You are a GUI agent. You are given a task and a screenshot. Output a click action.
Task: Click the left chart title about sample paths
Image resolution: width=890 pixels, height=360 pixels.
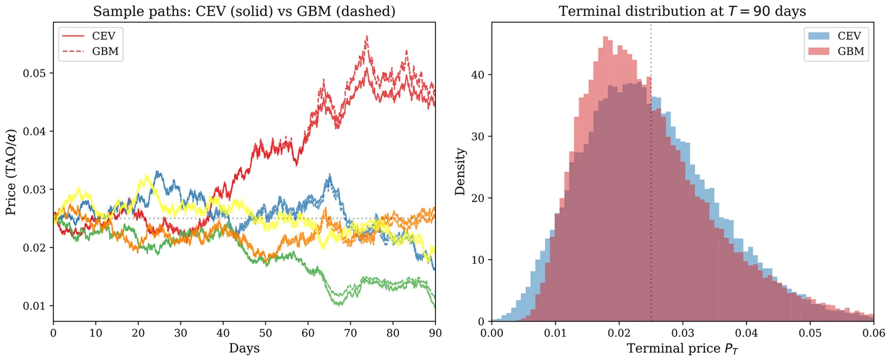click(x=244, y=11)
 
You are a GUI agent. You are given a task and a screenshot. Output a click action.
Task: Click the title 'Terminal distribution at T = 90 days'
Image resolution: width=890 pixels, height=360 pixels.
click(x=682, y=11)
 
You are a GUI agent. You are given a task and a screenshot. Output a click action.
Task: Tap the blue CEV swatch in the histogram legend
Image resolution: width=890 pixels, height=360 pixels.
click(x=819, y=36)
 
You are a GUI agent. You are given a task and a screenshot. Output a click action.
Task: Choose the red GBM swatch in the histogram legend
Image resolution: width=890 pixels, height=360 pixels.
click(x=819, y=52)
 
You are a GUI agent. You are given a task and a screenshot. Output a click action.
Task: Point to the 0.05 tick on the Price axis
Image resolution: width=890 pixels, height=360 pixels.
click(x=34, y=73)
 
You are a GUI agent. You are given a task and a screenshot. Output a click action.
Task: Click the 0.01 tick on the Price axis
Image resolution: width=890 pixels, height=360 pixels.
click(x=34, y=306)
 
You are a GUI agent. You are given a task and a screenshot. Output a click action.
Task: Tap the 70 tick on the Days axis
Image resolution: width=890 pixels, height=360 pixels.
click(x=350, y=333)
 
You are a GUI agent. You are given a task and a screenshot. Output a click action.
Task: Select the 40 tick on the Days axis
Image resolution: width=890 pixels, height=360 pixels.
click(x=223, y=333)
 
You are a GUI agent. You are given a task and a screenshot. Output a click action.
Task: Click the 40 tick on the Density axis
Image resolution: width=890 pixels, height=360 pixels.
click(x=478, y=75)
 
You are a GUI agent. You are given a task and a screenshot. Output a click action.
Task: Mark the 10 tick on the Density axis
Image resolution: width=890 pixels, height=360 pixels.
click(x=478, y=260)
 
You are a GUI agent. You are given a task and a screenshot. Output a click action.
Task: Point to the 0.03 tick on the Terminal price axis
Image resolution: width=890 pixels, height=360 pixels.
click(x=683, y=333)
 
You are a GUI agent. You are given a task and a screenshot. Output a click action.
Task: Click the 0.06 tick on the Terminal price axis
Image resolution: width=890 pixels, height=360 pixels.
click(x=873, y=333)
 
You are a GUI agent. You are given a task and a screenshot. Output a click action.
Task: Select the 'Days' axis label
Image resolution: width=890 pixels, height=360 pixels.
click(x=244, y=348)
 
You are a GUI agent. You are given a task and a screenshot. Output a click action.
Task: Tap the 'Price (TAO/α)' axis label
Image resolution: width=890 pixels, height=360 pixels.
click(x=11, y=172)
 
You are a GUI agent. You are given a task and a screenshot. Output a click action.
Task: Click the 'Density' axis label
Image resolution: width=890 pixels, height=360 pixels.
click(x=460, y=172)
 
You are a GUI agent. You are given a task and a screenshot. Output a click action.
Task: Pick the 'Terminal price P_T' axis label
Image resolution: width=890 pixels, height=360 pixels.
click(x=682, y=349)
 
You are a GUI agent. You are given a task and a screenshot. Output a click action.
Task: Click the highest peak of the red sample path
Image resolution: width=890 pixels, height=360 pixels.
click(x=367, y=37)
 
